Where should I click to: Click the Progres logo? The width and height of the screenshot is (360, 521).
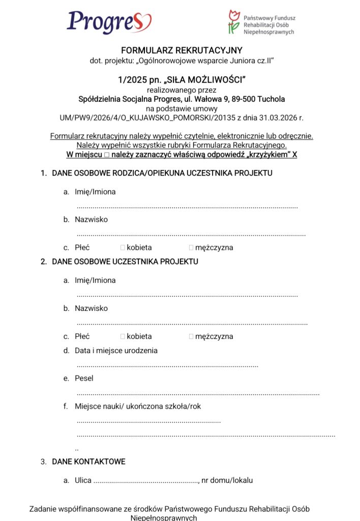109,22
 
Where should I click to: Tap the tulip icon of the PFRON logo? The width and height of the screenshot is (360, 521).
233,22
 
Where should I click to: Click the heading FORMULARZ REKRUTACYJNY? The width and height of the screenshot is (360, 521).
182,50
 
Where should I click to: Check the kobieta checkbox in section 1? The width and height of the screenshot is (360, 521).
123,248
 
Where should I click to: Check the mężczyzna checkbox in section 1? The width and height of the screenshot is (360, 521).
191,248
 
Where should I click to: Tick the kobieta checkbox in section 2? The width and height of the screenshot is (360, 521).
123,336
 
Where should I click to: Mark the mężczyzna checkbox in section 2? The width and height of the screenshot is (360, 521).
191,336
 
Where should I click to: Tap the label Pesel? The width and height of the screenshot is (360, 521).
84,379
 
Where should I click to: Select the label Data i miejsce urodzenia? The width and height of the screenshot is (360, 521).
116,351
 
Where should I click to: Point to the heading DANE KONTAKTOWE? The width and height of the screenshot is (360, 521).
88,462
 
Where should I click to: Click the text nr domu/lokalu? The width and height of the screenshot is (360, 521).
227,480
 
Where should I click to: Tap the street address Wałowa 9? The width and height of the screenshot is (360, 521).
211,99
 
